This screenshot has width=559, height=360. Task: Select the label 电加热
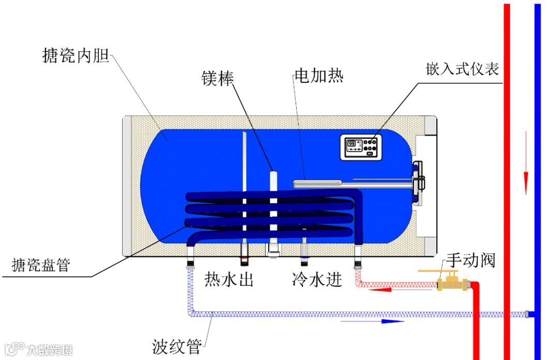tap(318, 76)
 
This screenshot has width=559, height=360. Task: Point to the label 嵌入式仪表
tap(462, 69)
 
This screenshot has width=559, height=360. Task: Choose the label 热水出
tap(228, 280)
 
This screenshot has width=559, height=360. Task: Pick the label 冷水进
tap(317, 280)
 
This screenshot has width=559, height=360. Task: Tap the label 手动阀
tap(470, 260)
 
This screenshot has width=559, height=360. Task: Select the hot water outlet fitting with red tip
tap(245, 255)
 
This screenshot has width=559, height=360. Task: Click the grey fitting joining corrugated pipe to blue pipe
tap(527, 314)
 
